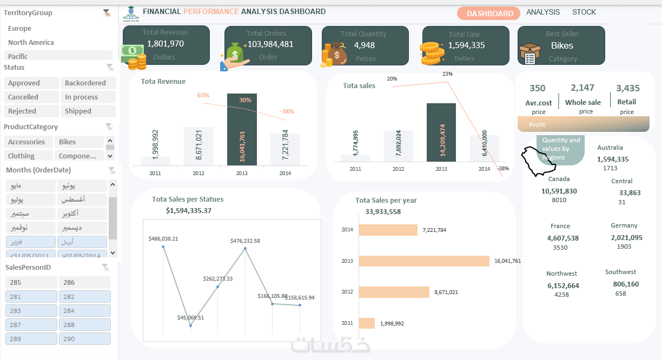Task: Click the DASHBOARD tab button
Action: (489, 14)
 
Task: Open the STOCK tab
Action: (584, 12)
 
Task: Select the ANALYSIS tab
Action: (543, 12)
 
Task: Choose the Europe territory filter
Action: (20, 29)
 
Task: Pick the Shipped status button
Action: (88, 111)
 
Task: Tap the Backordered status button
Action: (88, 83)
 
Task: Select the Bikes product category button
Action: (78, 142)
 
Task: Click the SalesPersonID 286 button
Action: (84, 283)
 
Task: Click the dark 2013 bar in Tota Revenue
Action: (242, 130)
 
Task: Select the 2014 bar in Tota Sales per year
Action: (388, 230)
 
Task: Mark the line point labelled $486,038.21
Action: (163, 247)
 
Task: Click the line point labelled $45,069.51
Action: (191, 325)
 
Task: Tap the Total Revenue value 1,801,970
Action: (165, 44)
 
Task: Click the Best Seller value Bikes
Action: (562, 46)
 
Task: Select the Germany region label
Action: (624, 226)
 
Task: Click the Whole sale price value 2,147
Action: (582, 88)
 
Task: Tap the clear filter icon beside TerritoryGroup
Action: (107, 13)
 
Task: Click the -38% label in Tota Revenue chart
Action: (287, 112)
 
